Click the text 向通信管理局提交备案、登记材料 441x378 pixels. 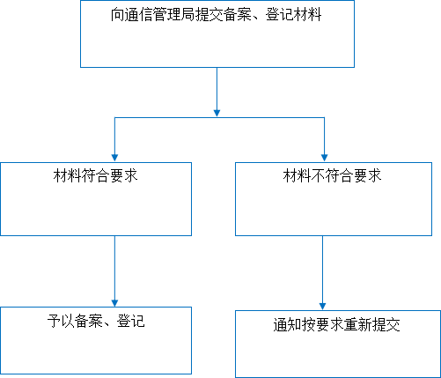[x=216, y=15]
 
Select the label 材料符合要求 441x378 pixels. [x=96, y=175]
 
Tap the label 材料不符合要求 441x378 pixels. [x=332, y=175]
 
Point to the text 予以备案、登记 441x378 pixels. [x=96, y=321]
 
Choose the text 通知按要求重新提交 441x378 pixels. [x=336, y=325]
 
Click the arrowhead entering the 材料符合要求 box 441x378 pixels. [x=114, y=158]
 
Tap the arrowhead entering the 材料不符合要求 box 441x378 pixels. [x=324, y=158]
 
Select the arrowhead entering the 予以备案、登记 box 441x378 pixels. [x=114, y=303]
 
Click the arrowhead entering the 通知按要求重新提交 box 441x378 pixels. [x=322, y=307]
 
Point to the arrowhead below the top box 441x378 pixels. [x=217, y=113]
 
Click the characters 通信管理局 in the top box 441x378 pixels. [x=159, y=15]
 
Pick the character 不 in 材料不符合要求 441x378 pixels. [x=318, y=175]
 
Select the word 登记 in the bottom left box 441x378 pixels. [x=131, y=321]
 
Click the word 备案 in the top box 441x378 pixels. [x=237, y=15]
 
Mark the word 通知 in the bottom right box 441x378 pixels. [x=288, y=325]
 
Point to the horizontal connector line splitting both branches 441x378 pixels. [x=219, y=117]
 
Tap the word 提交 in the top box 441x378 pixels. [x=209, y=15]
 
